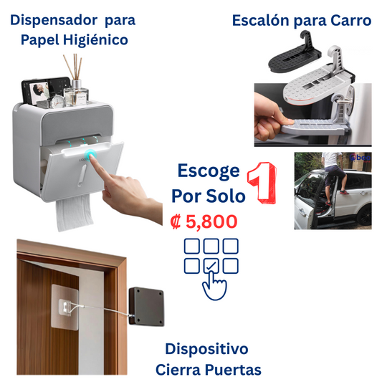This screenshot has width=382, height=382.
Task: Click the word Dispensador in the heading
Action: pos(54,20)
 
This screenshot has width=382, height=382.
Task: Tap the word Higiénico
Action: pos(95,39)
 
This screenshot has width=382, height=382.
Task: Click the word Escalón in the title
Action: pos(260,20)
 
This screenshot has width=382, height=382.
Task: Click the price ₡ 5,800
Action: pos(204,221)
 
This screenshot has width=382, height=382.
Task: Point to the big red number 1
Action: pos(262,183)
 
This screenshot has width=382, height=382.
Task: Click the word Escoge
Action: pos(209,171)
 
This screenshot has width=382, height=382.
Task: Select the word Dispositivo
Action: pos(206,349)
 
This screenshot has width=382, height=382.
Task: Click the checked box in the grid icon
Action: pos(211,266)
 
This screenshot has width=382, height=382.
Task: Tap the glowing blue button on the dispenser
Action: pos(90,156)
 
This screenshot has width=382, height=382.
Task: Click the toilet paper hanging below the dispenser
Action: pos(75,213)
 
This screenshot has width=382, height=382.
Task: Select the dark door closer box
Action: pos(146,307)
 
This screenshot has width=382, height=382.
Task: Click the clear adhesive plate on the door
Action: pos(65,307)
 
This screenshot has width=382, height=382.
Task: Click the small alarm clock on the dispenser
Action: pos(58,100)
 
